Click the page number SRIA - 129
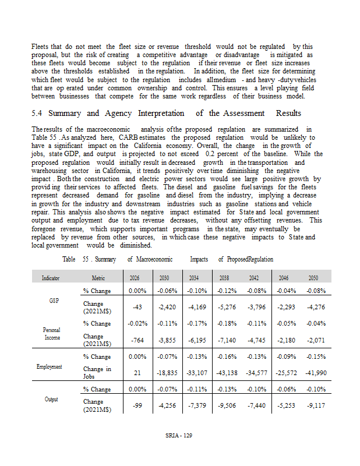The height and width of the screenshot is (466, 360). (178, 435)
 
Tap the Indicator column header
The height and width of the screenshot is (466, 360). (51, 278)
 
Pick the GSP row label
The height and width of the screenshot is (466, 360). (50, 301)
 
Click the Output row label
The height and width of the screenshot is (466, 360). (50, 399)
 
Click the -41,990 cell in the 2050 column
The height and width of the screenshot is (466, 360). (313, 372)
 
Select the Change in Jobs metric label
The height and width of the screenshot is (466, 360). (97, 372)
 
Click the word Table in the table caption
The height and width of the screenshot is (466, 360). (70, 259)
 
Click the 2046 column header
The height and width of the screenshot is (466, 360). (284, 278)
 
